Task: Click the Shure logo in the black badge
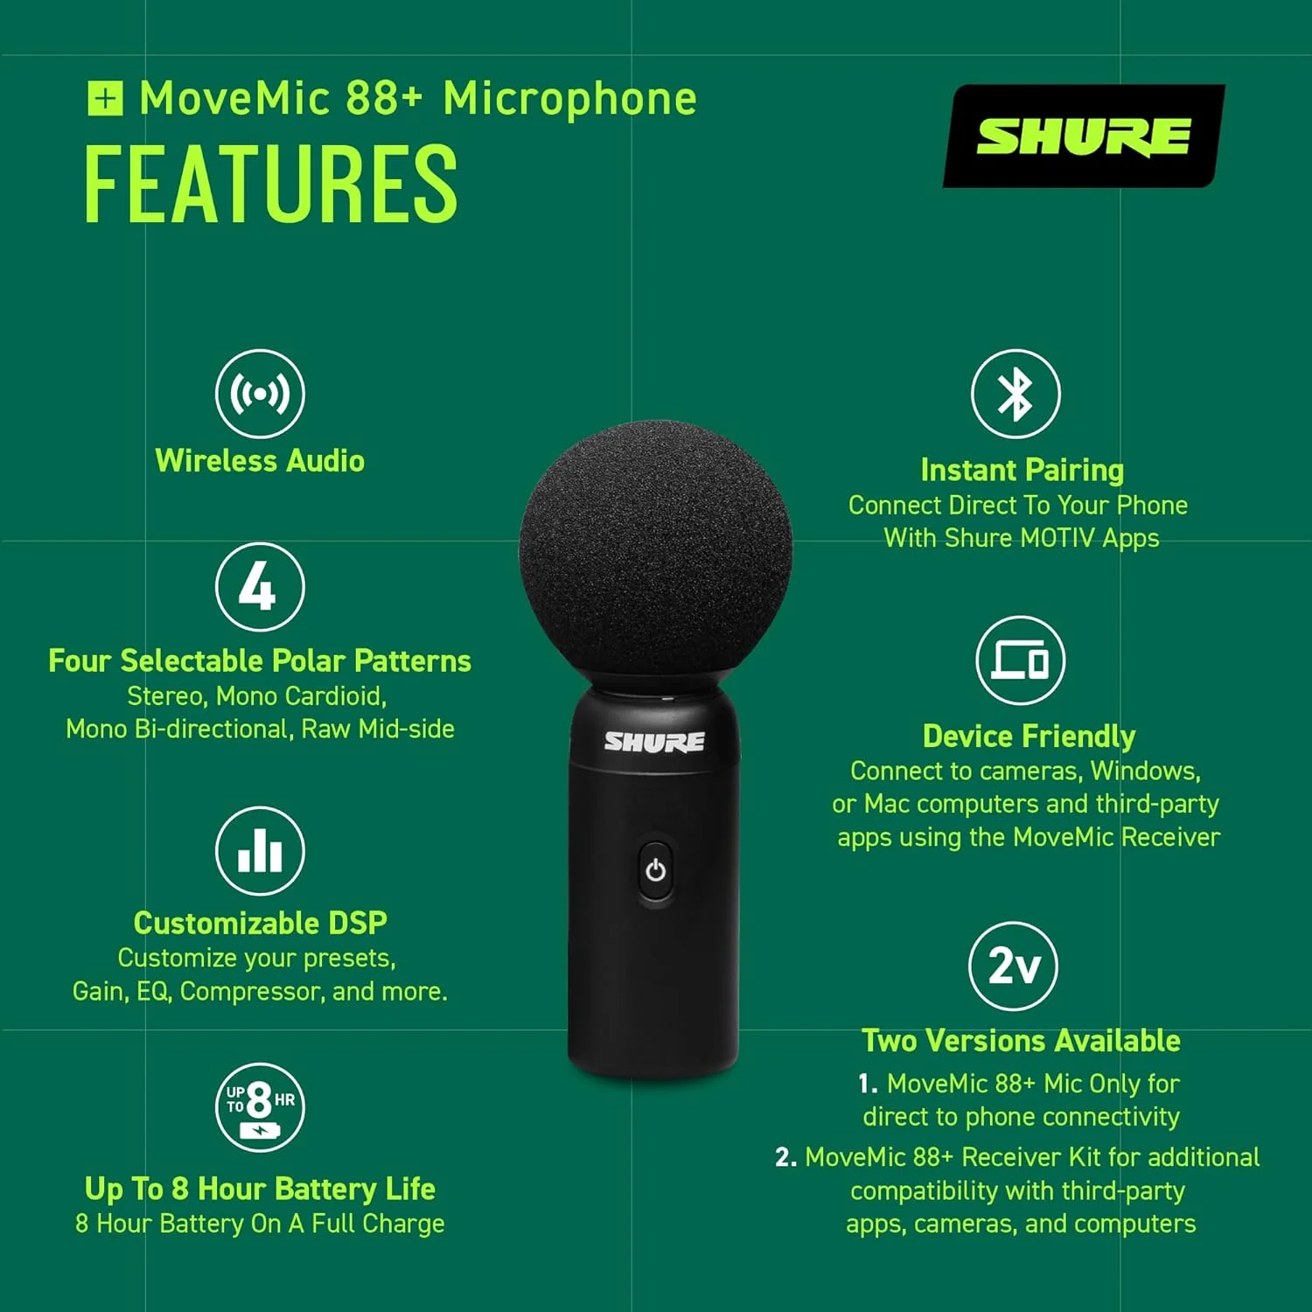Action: coord(1083,136)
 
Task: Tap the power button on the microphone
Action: coord(655,870)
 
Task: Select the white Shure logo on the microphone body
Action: coord(654,743)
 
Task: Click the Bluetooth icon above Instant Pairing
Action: coord(1015,394)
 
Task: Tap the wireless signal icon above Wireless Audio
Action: coord(260,394)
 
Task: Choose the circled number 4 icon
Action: coord(260,586)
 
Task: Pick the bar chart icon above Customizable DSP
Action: coord(260,851)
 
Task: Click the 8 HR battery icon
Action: coord(260,1107)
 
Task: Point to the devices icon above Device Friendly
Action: coord(1020,660)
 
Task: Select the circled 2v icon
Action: coord(1013,967)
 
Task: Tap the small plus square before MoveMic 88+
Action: coord(105,98)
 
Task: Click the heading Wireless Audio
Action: coord(260,461)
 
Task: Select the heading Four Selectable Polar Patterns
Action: coord(260,661)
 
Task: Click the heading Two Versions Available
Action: coord(1021,1041)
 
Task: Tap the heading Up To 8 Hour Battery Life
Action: coord(260,1189)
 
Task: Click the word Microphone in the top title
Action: coord(570,99)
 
